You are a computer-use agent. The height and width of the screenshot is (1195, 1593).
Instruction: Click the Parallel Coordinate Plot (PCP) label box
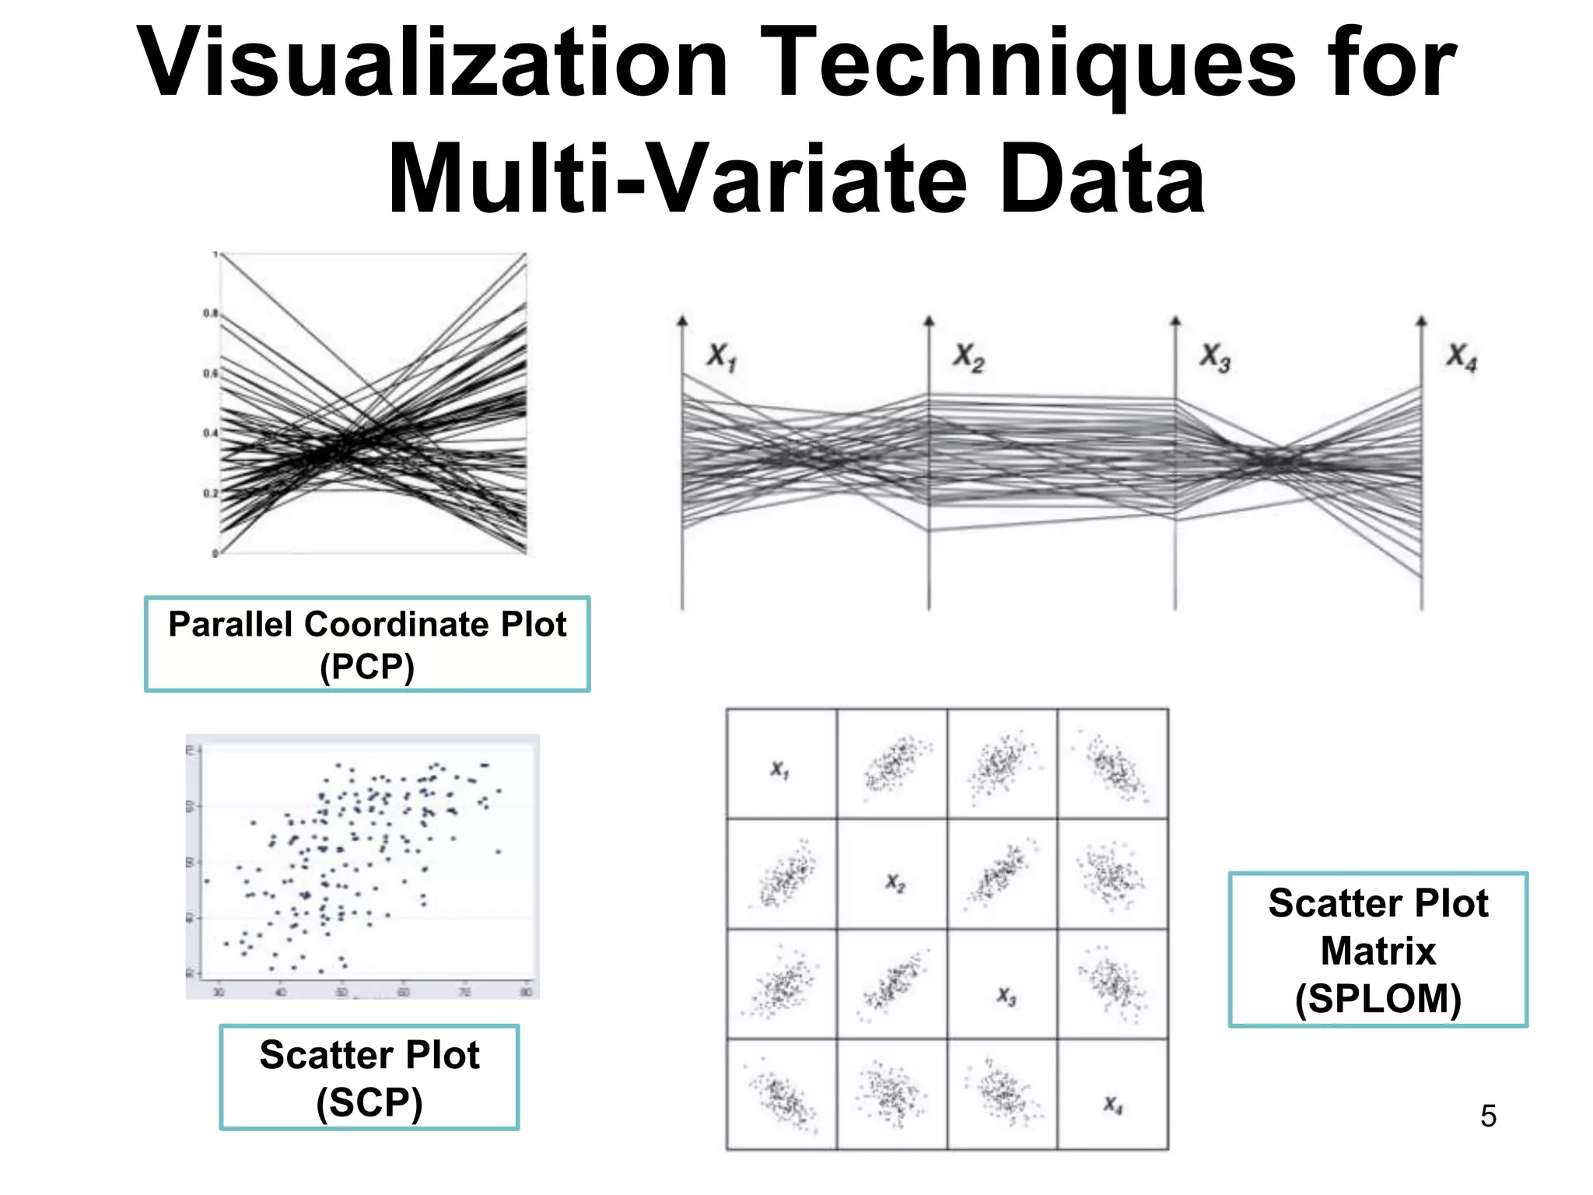(367, 644)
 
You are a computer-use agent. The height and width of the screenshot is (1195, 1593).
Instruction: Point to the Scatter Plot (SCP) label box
(369, 1078)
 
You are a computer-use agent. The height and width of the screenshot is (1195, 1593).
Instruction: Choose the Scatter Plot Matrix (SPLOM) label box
(1378, 950)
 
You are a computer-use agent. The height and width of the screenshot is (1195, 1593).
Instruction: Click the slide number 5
(1488, 1116)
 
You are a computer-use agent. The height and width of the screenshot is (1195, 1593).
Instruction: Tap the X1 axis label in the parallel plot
(721, 357)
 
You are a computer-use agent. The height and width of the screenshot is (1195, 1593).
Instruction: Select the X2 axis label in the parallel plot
(968, 357)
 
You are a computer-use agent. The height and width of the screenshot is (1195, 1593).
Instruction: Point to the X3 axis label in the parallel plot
(1214, 357)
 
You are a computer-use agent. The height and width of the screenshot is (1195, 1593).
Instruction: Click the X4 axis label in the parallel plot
(1461, 357)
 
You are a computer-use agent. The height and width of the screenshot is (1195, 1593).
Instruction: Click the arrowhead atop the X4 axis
(1421, 321)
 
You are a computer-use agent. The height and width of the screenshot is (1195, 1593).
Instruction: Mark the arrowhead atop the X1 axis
(682, 321)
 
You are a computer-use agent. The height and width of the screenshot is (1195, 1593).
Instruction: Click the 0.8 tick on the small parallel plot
(210, 314)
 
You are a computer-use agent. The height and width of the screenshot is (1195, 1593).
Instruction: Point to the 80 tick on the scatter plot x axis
(526, 992)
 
